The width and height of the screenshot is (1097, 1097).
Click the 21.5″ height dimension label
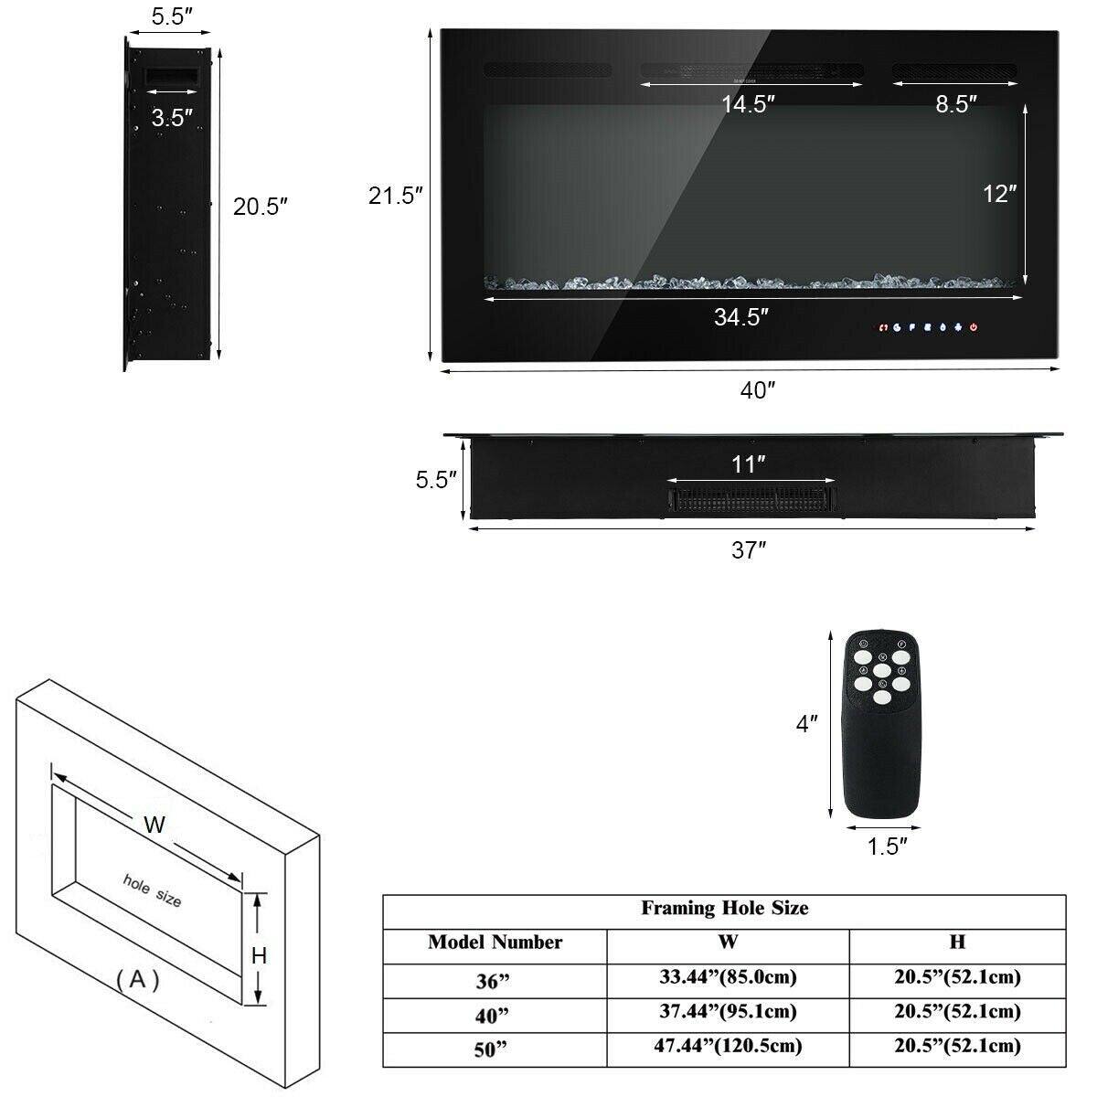(x=395, y=196)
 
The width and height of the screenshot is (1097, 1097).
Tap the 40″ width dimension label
(x=758, y=390)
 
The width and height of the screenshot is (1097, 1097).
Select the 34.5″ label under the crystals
(x=740, y=317)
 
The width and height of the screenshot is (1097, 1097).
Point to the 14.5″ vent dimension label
(x=748, y=103)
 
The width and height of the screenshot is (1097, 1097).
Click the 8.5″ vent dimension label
(x=956, y=103)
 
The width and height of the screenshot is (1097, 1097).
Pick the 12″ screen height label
(x=999, y=194)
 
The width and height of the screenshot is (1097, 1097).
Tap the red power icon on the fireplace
(x=974, y=326)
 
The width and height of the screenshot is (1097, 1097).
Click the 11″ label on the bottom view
(x=748, y=464)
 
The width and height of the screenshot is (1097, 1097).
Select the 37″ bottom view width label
(x=748, y=550)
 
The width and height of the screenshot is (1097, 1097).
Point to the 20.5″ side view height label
(x=260, y=207)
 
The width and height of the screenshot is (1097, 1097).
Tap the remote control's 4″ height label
(x=806, y=724)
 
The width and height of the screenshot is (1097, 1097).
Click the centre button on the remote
(x=881, y=671)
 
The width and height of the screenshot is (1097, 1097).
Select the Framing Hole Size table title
(x=724, y=909)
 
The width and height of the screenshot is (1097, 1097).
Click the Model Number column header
(x=495, y=943)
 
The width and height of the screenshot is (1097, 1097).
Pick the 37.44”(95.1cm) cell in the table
(x=728, y=1012)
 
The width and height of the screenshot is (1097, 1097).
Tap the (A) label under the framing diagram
(x=138, y=980)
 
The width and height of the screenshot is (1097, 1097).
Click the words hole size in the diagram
(x=153, y=889)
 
